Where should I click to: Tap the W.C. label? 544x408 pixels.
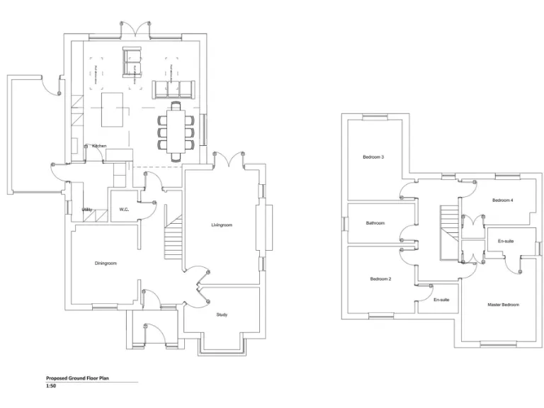(123, 210)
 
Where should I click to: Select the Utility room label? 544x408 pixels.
(87, 210)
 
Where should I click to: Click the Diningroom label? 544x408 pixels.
(106, 263)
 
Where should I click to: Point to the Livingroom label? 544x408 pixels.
(222, 225)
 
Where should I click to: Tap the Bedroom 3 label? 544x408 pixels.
(373, 157)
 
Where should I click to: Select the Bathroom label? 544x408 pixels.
(375, 223)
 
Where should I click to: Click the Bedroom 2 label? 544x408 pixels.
(380, 279)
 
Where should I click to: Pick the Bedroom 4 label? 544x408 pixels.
(502, 200)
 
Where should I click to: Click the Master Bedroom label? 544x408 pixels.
(503, 305)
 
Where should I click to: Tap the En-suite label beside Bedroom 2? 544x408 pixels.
(441, 300)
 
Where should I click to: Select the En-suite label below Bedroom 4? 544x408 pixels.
(506, 242)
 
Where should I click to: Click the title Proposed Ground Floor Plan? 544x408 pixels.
(78, 379)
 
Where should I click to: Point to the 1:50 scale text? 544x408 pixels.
(50, 387)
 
